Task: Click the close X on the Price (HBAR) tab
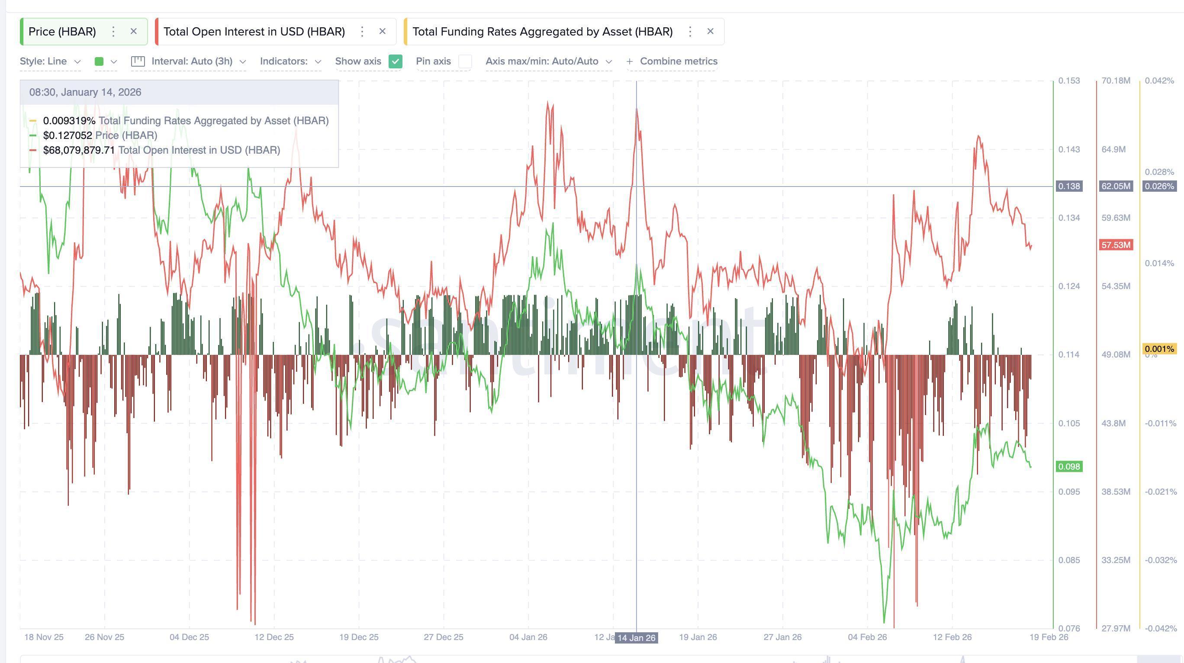pyautogui.click(x=134, y=31)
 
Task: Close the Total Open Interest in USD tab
pyautogui.click(x=383, y=31)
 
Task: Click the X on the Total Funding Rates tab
pyautogui.click(x=711, y=31)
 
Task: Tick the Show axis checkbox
pyautogui.click(x=395, y=61)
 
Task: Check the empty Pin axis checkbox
pyautogui.click(x=465, y=61)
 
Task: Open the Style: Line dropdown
pyautogui.click(x=50, y=61)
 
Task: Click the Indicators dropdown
pyautogui.click(x=290, y=61)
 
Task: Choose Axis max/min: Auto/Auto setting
pyautogui.click(x=548, y=61)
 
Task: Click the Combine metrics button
pyautogui.click(x=672, y=61)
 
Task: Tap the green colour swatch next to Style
pyautogui.click(x=99, y=61)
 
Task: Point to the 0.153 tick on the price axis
pyautogui.click(x=1069, y=81)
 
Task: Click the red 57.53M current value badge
pyautogui.click(x=1116, y=245)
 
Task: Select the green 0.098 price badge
pyautogui.click(x=1069, y=467)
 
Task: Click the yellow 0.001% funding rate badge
pyautogui.click(x=1159, y=349)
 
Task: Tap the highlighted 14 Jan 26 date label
pyautogui.click(x=637, y=638)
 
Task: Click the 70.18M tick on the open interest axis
pyautogui.click(x=1116, y=81)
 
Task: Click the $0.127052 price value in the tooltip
pyautogui.click(x=68, y=135)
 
